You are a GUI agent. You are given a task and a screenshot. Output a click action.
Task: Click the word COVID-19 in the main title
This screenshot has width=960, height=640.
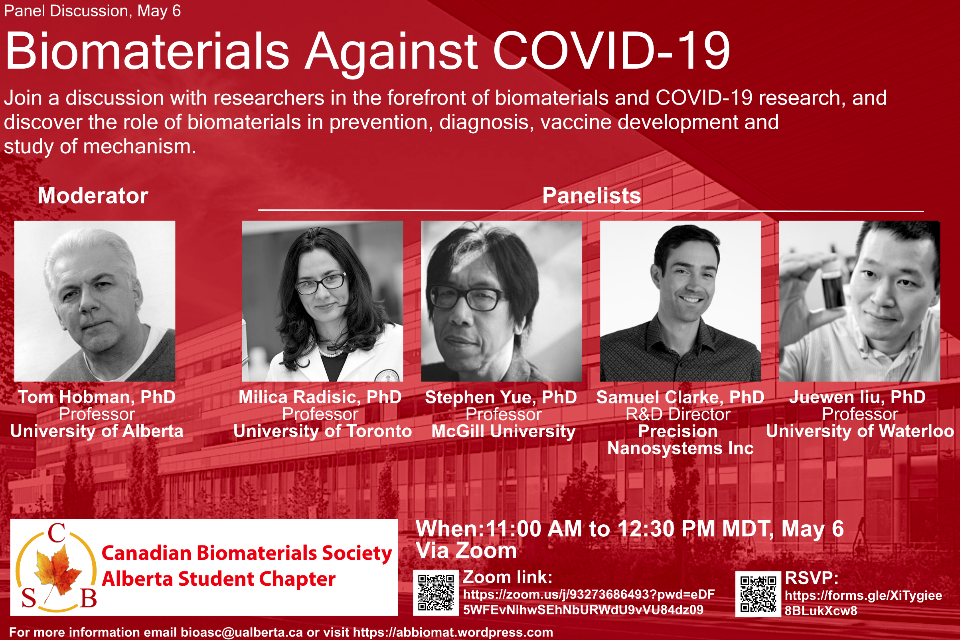[611, 51]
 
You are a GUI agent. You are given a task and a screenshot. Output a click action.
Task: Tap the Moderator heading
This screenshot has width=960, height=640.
[93, 196]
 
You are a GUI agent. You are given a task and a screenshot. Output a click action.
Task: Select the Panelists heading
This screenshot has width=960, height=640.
[591, 196]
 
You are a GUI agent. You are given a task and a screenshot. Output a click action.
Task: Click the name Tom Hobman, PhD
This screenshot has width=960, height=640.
[97, 397]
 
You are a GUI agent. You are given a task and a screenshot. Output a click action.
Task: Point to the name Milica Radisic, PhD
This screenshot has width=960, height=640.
[320, 397]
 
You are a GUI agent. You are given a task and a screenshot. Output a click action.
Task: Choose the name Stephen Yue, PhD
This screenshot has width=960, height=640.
[501, 397]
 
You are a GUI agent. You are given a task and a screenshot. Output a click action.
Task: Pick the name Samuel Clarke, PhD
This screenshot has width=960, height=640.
[680, 397]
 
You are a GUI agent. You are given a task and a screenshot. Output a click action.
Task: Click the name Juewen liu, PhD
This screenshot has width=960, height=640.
[857, 397]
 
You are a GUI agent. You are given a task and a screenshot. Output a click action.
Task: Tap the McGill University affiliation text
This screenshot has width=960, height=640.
[504, 431]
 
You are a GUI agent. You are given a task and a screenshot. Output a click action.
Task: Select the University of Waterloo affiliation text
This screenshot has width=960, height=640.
[860, 431]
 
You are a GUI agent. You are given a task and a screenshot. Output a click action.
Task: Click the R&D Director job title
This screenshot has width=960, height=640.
[678, 414]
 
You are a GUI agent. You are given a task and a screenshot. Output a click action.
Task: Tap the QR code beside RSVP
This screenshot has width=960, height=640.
[758, 594]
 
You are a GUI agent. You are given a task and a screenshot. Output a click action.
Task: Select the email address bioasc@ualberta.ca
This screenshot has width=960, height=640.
[242, 632]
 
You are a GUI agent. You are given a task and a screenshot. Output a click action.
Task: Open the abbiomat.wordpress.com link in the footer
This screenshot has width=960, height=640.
[452, 632]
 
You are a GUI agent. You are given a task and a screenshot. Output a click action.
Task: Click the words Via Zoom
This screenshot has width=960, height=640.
[466, 551]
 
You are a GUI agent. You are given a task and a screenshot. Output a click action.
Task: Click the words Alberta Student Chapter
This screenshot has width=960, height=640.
[219, 579]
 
